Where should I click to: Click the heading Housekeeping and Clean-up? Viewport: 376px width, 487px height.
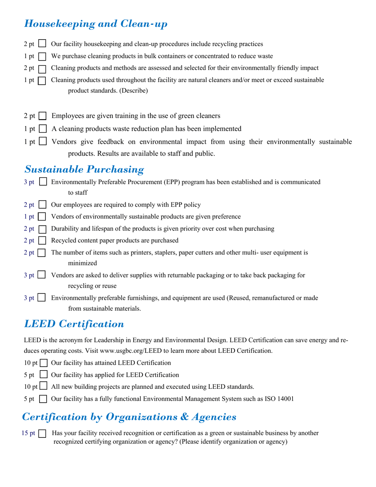(96, 24)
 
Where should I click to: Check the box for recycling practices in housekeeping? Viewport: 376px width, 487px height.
(43, 44)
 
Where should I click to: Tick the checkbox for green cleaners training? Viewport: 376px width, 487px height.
(43, 116)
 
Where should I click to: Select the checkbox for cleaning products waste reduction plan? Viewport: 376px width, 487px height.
(43, 129)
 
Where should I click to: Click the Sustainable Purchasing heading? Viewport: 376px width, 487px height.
(84, 169)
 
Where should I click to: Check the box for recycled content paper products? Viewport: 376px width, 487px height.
(43, 241)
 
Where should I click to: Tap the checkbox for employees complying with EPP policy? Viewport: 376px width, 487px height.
(43, 205)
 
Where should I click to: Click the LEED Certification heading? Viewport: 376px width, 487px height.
(74, 324)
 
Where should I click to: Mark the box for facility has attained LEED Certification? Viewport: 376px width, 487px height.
(44, 363)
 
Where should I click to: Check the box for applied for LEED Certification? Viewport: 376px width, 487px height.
(44, 375)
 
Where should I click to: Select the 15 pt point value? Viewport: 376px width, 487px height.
(28, 434)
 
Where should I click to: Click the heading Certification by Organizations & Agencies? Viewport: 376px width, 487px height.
(129, 417)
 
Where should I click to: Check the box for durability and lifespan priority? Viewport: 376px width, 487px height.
(43, 229)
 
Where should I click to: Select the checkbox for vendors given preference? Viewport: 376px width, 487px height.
(43, 217)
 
